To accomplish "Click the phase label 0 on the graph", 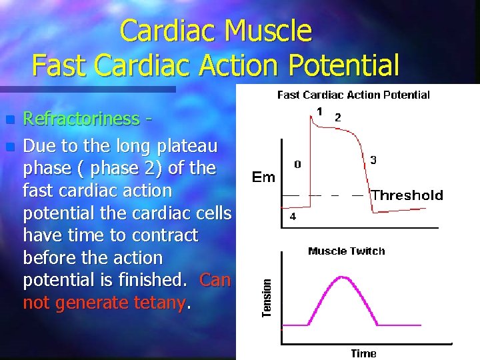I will [x=297, y=164].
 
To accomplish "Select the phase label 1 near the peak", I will [x=320, y=111].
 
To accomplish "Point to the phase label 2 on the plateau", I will [x=337, y=117].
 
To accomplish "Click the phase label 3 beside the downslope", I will [x=373, y=160].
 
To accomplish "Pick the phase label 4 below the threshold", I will [x=293, y=217].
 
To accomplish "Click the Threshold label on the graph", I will [x=407, y=195].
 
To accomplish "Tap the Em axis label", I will [x=264, y=177].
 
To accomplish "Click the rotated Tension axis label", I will [x=267, y=297].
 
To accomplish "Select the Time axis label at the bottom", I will [x=363, y=353].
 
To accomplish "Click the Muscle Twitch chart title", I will [x=346, y=251].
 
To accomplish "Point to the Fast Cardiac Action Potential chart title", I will [x=353, y=95].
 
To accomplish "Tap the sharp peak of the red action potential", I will [x=311, y=115].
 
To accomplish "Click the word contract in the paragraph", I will [x=165, y=235].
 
